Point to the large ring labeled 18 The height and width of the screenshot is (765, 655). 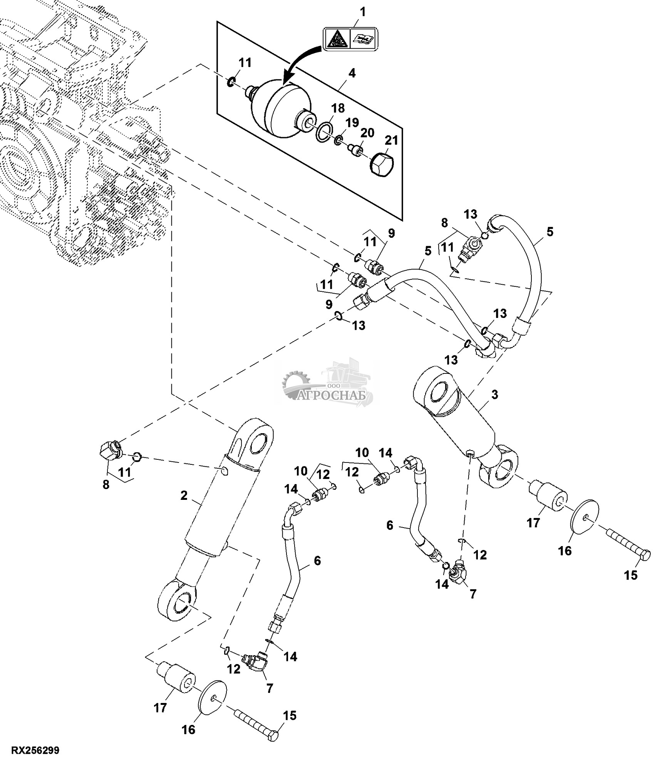[x=324, y=133]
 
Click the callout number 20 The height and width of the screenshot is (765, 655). [x=367, y=133]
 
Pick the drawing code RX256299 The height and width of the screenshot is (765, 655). [x=35, y=751]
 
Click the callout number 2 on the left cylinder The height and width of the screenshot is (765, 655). [x=184, y=495]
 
